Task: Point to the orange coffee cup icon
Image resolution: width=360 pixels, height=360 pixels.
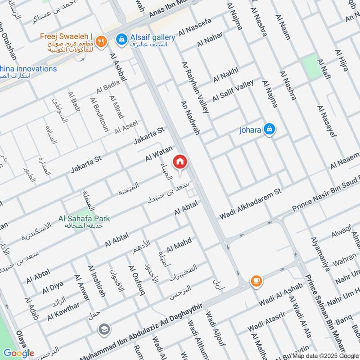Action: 256,281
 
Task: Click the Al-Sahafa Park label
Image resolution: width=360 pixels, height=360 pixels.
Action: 84,218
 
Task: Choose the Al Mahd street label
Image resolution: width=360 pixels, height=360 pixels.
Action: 179,245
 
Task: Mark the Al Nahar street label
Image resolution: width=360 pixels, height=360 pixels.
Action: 210,40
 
